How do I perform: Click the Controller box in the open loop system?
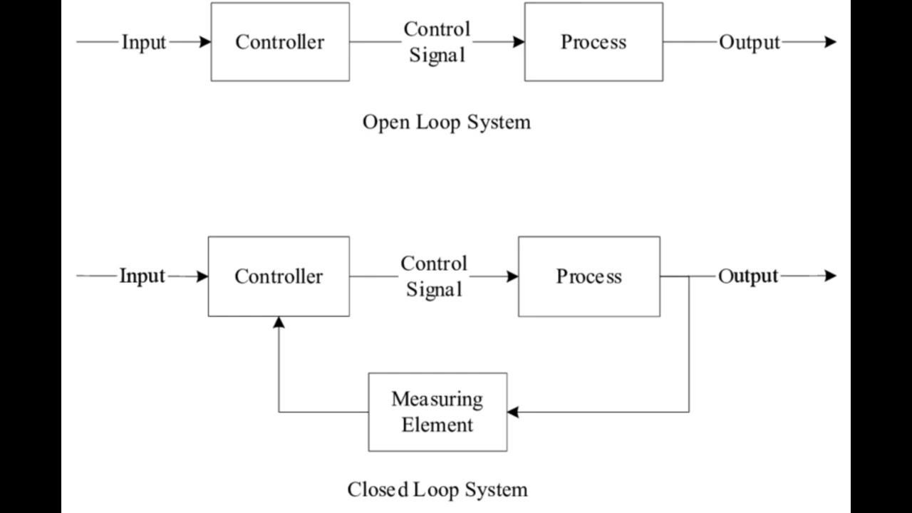click(x=280, y=42)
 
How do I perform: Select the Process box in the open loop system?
click(x=594, y=42)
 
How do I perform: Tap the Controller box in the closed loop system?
click(x=279, y=276)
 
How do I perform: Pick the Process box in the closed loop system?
click(x=589, y=276)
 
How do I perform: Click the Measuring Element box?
click(x=437, y=412)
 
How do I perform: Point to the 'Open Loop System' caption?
click(x=447, y=122)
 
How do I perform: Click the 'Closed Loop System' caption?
click(x=437, y=489)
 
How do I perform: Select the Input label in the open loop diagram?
click(x=143, y=42)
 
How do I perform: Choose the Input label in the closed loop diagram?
click(x=142, y=276)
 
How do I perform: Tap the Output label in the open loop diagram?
click(x=750, y=42)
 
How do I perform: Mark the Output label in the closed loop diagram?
click(x=748, y=276)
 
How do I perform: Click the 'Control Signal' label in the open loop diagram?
click(x=437, y=42)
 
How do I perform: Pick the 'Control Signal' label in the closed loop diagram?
click(x=434, y=276)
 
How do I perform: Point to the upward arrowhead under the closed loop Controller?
click(x=279, y=322)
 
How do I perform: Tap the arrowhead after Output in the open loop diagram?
click(x=830, y=42)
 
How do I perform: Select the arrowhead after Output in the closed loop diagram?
click(x=830, y=276)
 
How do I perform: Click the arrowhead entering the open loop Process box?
click(x=519, y=42)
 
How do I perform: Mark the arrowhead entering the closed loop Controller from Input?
click(x=202, y=276)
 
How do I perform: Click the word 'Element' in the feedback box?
click(x=437, y=425)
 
